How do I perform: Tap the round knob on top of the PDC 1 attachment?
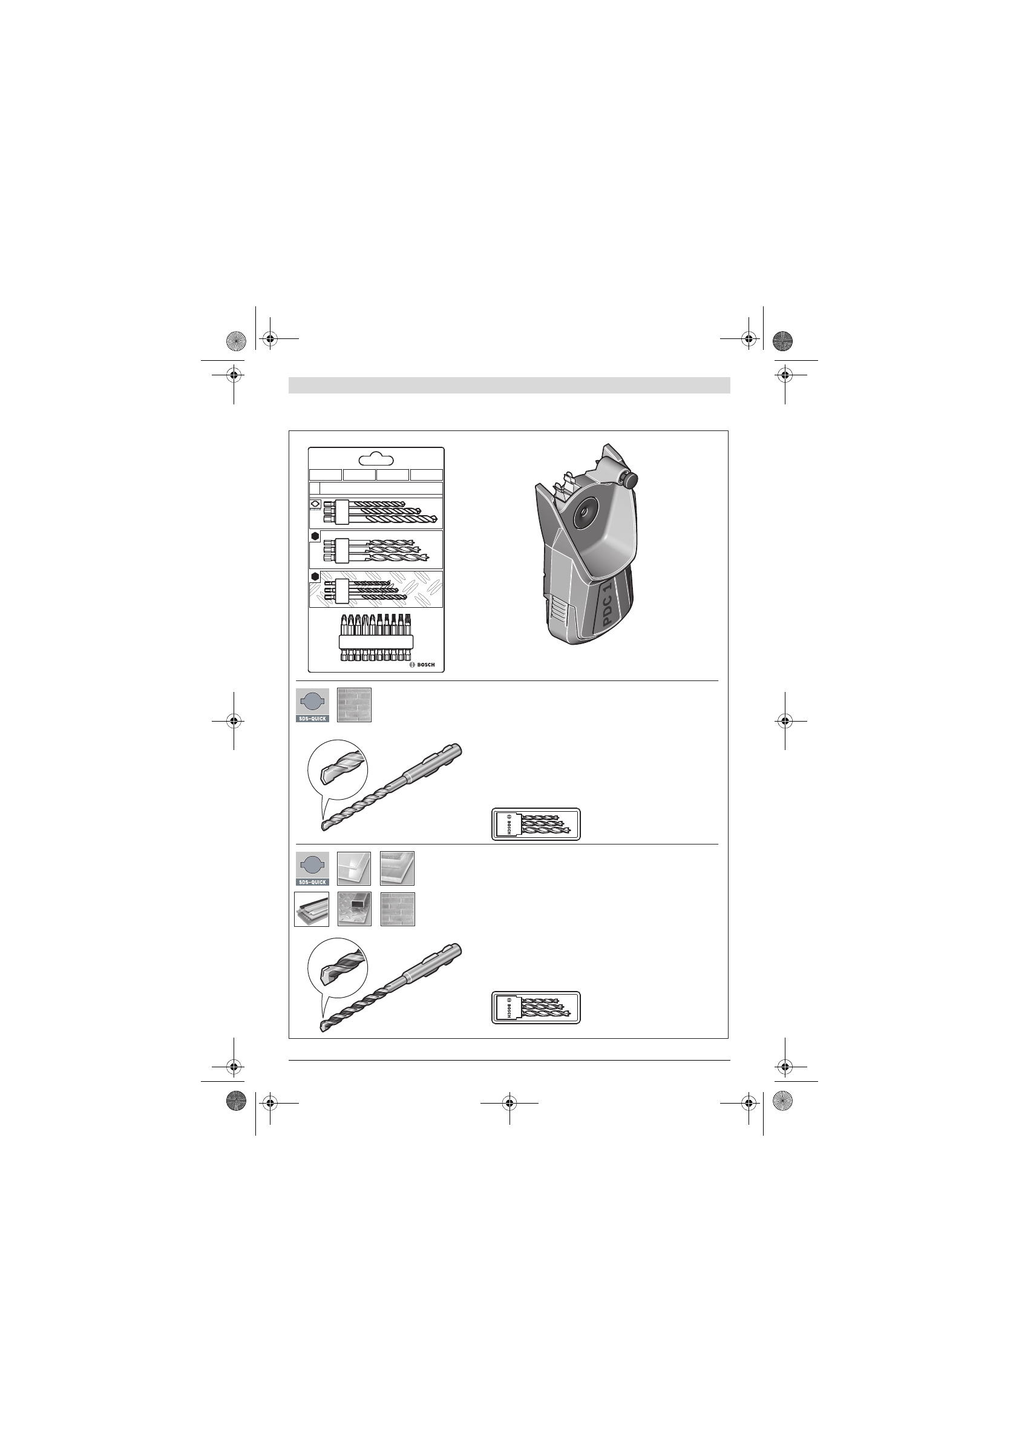[x=629, y=480]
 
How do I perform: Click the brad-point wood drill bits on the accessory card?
[x=375, y=549]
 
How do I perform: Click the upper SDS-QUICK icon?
[x=312, y=705]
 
